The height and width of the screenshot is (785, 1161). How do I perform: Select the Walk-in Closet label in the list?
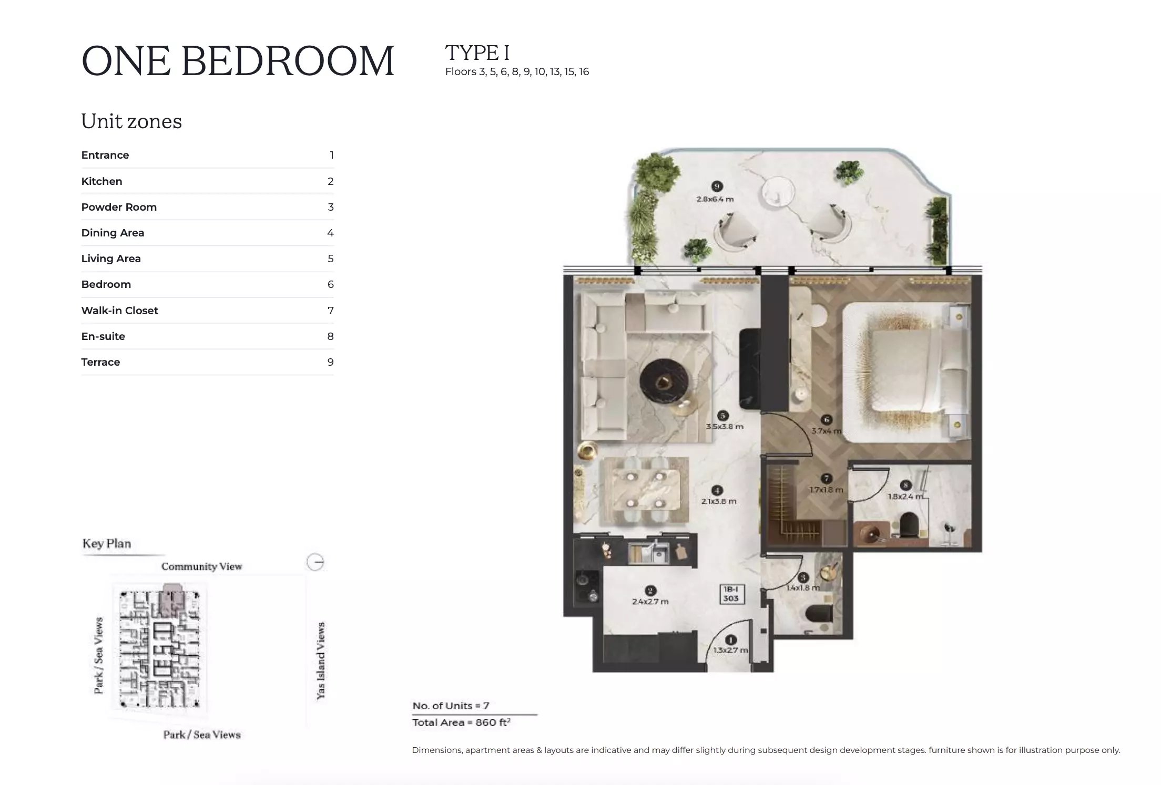click(x=119, y=311)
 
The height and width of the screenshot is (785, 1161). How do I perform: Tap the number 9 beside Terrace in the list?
click(x=330, y=362)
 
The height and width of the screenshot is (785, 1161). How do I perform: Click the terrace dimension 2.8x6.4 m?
click(x=715, y=199)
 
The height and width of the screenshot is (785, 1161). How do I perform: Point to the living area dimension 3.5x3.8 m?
click(x=724, y=427)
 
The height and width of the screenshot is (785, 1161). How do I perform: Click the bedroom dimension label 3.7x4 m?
click(x=826, y=431)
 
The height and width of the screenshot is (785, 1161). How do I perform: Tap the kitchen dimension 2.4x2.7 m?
click(x=650, y=602)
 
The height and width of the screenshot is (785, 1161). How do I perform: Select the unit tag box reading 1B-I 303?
click(x=731, y=594)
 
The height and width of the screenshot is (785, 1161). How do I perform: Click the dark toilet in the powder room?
click(x=818, y=613)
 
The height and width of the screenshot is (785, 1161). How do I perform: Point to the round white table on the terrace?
click(x=778, y=190)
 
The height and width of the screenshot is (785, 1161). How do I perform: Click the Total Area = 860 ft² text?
click(x=461, y=722)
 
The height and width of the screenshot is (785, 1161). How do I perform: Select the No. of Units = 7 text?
click(x=451, y=706)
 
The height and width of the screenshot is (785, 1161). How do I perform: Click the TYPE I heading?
click(x=477, y=53)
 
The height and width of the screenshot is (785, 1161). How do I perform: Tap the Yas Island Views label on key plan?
click(x=320, y=660)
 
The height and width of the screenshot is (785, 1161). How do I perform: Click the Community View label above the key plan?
click(x=201, y=566)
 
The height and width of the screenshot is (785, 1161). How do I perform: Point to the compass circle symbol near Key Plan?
click(x=315, y=562)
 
